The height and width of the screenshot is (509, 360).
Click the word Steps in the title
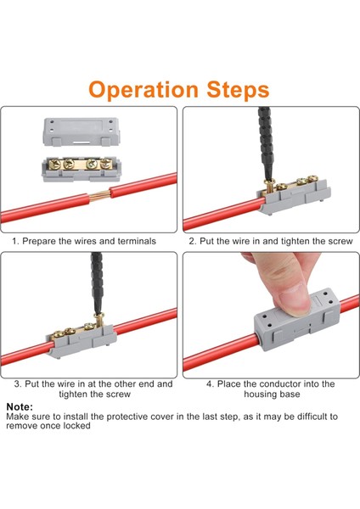point(237,89)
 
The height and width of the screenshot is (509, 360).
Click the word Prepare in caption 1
point(41,241)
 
